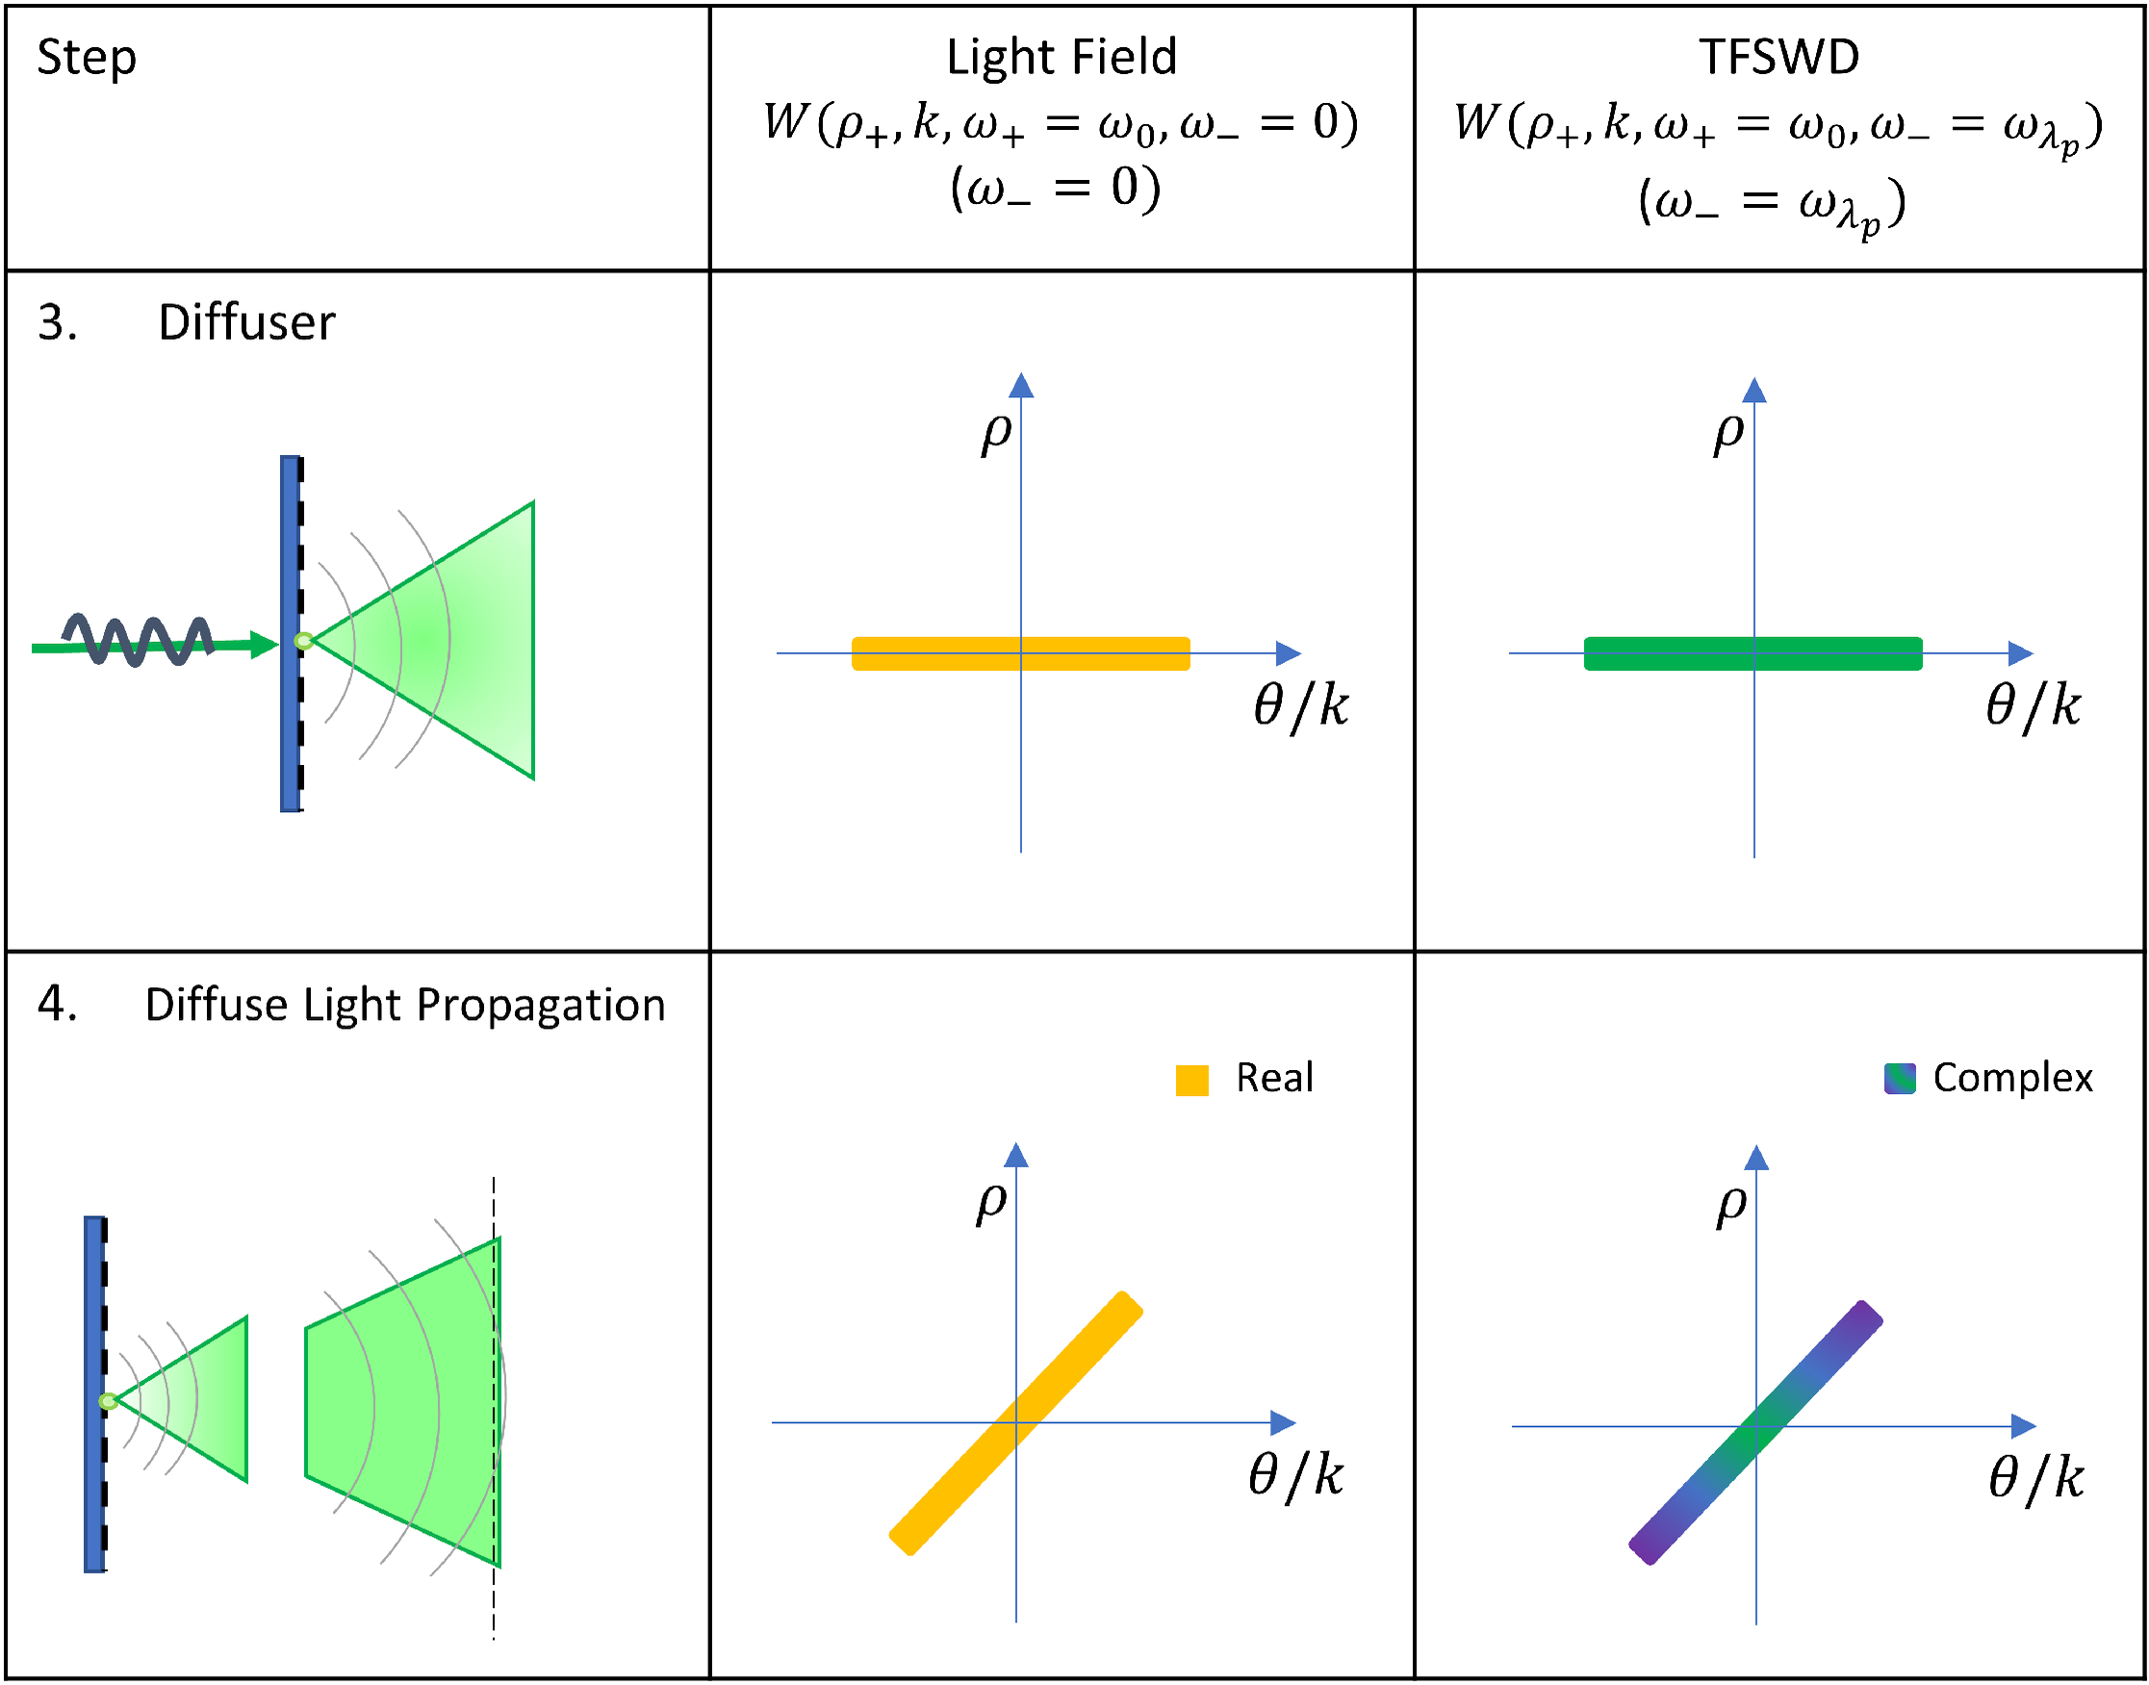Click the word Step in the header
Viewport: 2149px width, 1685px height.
(87, 58)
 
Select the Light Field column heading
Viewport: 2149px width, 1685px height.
(1062, 57)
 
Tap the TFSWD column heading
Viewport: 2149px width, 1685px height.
(1779, 57)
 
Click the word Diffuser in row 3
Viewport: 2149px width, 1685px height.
(246, 322)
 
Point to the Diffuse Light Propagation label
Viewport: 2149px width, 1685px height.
(404, 1006)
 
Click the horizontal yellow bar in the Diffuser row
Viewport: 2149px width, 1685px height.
(1020, 654)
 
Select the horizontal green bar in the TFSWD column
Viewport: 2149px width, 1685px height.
(1752, 654)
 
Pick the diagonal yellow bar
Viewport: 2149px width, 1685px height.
(1016, 1423)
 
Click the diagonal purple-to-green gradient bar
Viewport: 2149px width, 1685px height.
(1755, 1434)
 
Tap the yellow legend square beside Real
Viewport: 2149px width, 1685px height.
(1192, 1081)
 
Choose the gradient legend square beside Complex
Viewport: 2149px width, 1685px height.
(1900, 1079)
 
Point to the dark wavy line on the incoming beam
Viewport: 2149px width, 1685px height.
(139, 639)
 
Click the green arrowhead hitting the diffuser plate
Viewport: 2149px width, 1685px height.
(265, 645)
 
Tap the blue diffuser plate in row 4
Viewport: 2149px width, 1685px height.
(93, 1394)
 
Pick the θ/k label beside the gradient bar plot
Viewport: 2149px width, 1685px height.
(2035, 1478)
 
